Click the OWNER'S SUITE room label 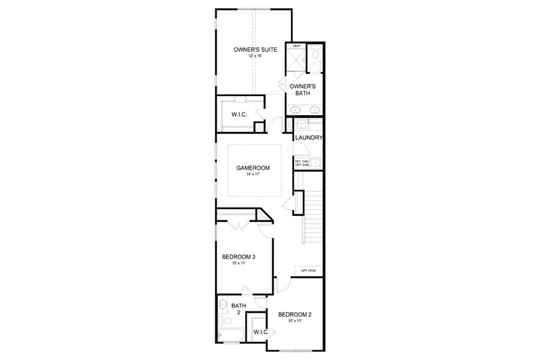(255, 50)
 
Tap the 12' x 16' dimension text (255, 56)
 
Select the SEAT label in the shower (296, 46)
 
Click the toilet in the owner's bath (316, 58)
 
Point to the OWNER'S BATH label (303, 90)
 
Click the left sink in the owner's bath (296, 109)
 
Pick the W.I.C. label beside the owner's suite (239, 114)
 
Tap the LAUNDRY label (309, 137)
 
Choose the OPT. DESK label (308, 271)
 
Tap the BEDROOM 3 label (239, 257)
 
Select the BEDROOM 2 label (295, 314)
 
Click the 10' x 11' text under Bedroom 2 (294, 321)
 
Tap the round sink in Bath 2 (223, 304)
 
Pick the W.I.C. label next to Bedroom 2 (260, 332)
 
